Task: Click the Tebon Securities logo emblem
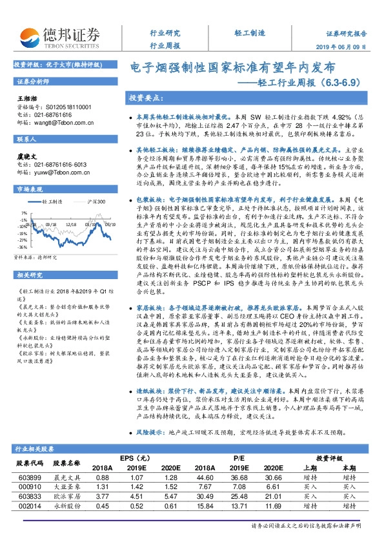(27, 36)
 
